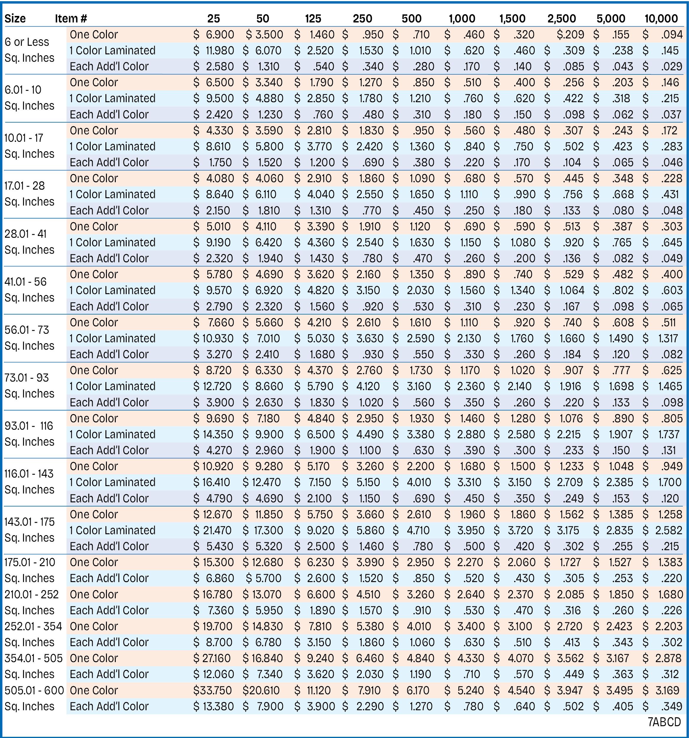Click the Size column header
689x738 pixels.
[15, 19]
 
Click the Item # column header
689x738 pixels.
[71, 19]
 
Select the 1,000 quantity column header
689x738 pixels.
[462, 19]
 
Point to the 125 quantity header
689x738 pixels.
[313, 19]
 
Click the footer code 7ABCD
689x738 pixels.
[664, 722]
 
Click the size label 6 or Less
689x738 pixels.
[27, 42]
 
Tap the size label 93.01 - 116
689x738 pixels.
[29, 426]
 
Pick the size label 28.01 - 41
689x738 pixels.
[26, 234]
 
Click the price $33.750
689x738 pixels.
[212, 690]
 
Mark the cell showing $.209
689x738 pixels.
[570, 35]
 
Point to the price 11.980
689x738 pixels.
[220, 50]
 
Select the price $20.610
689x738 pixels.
[261, 690]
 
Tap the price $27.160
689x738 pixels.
[212, 658]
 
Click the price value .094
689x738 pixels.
[672, 35]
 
